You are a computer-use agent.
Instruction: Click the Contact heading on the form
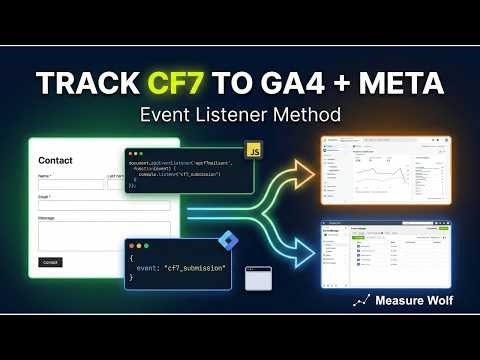coord(55,160)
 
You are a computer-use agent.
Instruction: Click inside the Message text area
coord(90,236)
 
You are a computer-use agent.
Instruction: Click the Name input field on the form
coord(70,184)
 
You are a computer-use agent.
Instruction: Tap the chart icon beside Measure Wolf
coord(363,300)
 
